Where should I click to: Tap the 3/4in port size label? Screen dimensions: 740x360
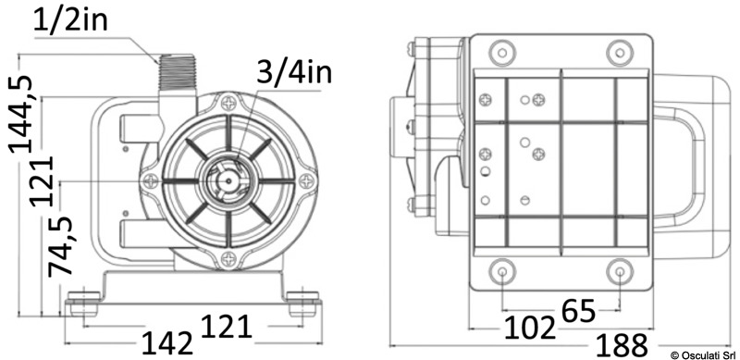[294, 73]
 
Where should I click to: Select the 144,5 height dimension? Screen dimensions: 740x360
[21, 114]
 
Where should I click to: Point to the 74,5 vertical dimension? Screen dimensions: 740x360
[61, 245]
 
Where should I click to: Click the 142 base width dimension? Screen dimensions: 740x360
[168, 342]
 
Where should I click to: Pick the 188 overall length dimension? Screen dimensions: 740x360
[622, 346]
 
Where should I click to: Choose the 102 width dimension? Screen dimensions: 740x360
[529, 328]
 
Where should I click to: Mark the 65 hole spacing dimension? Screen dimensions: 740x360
[579, 310]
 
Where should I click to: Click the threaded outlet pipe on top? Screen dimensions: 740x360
[178, 72]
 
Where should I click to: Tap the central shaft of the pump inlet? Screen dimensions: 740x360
[228, 180]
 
